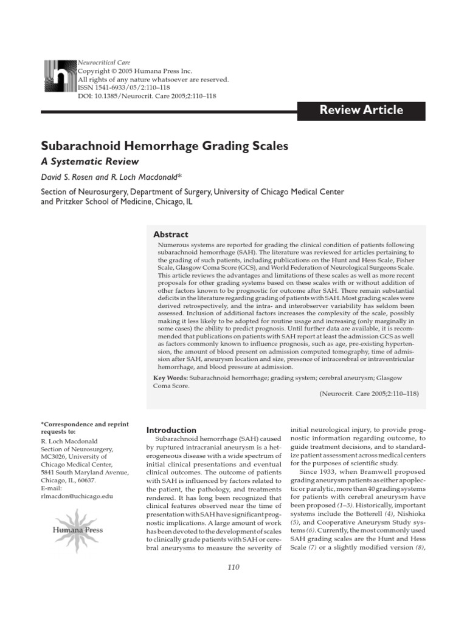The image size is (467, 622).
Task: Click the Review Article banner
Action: click(x=361, y=110)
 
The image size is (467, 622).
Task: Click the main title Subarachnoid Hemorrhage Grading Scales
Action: click(x=164, y=146)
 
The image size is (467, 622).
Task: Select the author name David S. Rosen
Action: click(x=67, y=177)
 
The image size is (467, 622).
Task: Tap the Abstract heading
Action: click(x=170, y=234)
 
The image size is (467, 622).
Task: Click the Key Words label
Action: click(x=170, y=377)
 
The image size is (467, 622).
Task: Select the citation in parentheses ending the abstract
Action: click(x=368, y=394)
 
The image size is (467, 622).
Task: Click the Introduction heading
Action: click(x=168, y=429)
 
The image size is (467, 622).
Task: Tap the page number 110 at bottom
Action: click(x=233, y=567)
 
